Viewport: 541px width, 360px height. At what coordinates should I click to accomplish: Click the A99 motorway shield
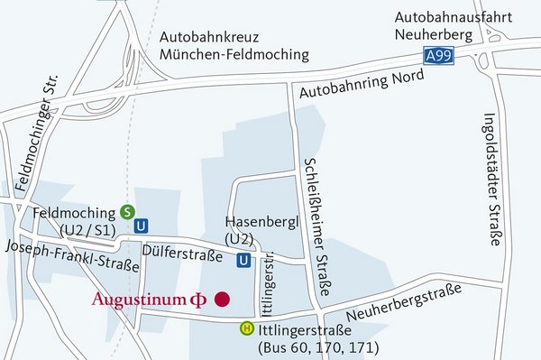tap(438, 56)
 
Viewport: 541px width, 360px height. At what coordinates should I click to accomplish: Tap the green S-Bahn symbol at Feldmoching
tap(128, 212)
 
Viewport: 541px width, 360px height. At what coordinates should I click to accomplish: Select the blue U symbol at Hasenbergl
tap(244, 261)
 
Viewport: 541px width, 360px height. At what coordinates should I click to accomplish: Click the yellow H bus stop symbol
tap(246, 328)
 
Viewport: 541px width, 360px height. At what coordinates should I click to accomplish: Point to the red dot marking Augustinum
tap(221, 299)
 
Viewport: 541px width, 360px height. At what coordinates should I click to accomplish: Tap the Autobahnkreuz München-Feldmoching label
tap(233, 46)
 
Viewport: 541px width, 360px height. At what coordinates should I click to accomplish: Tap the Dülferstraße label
tap(182, 256)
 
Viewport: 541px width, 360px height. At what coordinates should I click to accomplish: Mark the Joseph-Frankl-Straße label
tap(72, 256)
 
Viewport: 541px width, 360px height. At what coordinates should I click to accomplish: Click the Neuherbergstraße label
tap(402, 301)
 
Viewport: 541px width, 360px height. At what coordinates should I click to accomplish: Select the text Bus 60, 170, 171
tap(317, 347)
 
